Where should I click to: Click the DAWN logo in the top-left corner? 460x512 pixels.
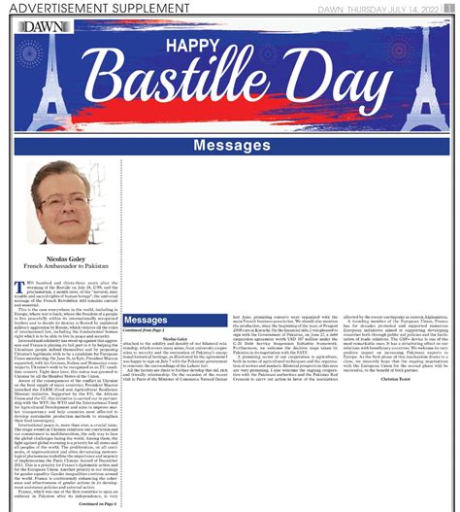pos(41,28)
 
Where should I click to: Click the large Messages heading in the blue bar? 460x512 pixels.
pos(231,146)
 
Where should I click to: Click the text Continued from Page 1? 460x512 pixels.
pos(147,331)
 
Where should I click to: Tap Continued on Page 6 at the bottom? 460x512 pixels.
pos(98,504)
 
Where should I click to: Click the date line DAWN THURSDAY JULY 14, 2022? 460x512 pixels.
pos(378,8)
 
